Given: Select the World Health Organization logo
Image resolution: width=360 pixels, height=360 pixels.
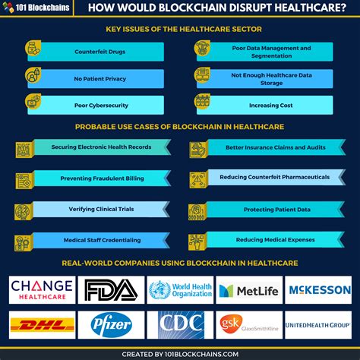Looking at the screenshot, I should (180, 290).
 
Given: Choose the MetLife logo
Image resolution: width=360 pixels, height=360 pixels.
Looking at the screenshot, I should (248, 290).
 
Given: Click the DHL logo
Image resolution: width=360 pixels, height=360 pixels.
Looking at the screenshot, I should (42, 325).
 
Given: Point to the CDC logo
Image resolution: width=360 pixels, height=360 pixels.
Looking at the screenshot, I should (180, 325).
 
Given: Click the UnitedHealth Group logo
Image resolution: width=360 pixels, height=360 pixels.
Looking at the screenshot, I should (317, 325).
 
